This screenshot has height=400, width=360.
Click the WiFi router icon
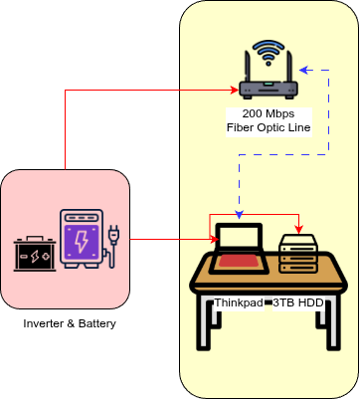pyautogui.click(x=269, y=85)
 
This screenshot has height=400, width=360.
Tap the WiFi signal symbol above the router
pyautogui.click(x=269, y=53)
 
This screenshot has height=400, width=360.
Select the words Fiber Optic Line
pyautogui.click(x=269, y=128)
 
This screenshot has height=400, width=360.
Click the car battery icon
pyautogui.click(x=35, y=255)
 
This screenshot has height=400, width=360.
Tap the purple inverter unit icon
pyautogui.click(x=81, y=239)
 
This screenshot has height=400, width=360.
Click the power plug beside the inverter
pyautogui.click(x=112, y=245)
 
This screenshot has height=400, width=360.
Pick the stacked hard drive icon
pyautogui.click(x=299, y=254)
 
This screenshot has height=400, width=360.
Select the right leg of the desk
pyautogui.click(x=331, y=327)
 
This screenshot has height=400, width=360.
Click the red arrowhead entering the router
pyautogui.click(x=235, y=92)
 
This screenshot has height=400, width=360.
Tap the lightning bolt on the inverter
pyautogui.click(x=81, y=240)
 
